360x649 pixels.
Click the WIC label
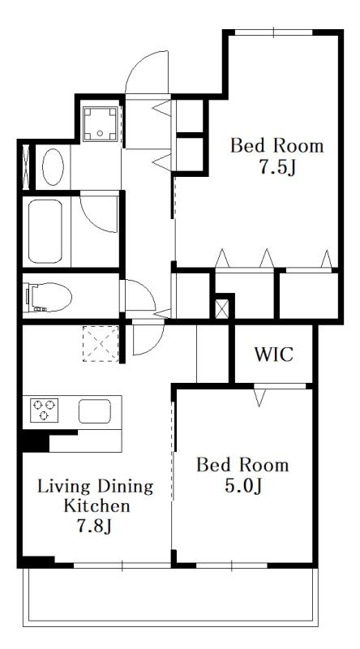pyautogui.click(x=273, y=355)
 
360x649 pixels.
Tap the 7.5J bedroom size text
pyautogui.click(x=277, y=168)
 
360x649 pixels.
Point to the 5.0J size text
pyautogui.click(x=243, y=486)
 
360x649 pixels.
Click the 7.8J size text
pyautogui.click(x=95, y=526)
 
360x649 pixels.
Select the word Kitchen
pyautogui.click(x=96, y=505)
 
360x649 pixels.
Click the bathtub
pyautogui.click(x=45, y=231)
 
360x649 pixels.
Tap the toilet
pyautogui.click(x=48, y=297)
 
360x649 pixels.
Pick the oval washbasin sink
pyautogui.click(x=53, y=167)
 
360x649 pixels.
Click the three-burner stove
pyautogui.click(x=45, y=410)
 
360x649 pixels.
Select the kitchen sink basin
pyautogui.click(x=95, y=411)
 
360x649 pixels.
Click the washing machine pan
pyautogui.click(x=101, y=123)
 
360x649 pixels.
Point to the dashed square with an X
pyautogui.click(x=101, y=343)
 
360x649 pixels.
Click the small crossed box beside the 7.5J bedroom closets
pyautogui.click(x=222, y=309)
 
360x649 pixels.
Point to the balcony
pyautogui.click(x=170, y=596)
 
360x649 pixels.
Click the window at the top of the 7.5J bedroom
pyautogui.click(x=273, y=32)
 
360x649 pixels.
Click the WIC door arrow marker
pyautogui.click(x=259, y=398)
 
